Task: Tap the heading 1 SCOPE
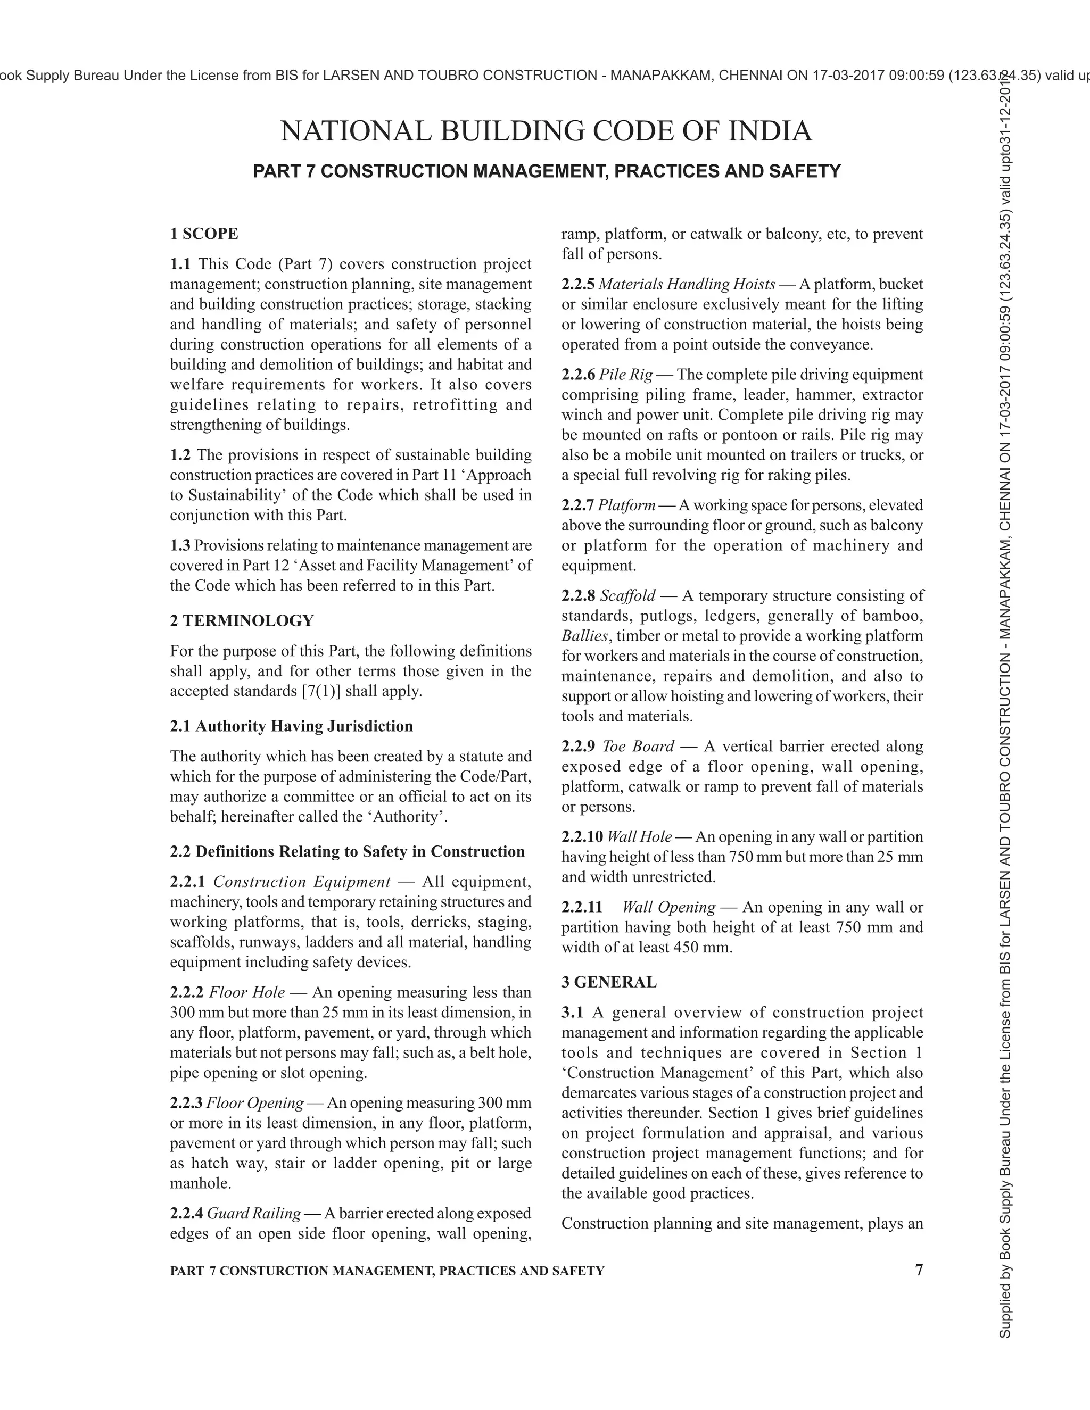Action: point(204,234)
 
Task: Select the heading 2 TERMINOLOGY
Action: point(242,621)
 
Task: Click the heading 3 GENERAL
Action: point(609,982)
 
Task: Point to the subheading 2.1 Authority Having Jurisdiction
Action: point(291,726)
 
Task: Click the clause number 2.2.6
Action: point(578,375)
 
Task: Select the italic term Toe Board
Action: point(638,747)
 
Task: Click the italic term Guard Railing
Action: point(254,1213)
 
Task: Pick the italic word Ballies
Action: point(584,636)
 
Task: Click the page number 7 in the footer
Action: point(919,1270)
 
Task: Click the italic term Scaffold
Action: point(627,595)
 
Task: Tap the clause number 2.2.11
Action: point(582,907)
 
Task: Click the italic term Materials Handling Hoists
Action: point(687,284)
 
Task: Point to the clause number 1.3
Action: point(180,545)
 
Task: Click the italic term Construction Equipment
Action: point(302,882)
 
